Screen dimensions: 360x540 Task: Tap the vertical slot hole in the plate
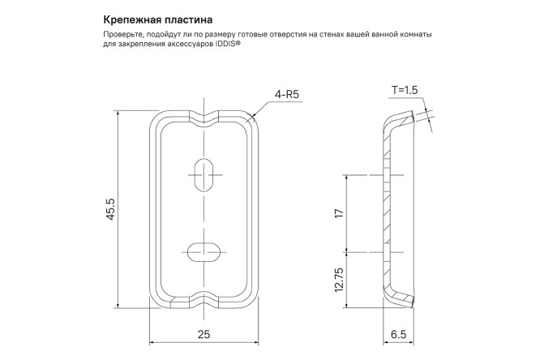[204, 173]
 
